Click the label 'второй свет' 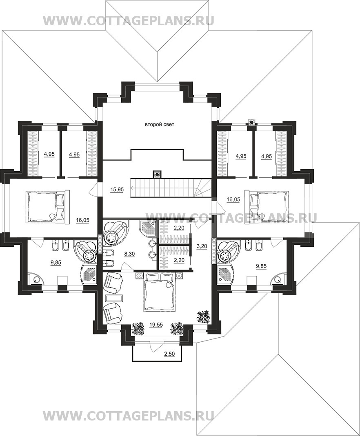tap(160, 124)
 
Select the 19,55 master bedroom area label tap(156, 324)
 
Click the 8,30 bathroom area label tap(129, 254)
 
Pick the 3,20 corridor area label tap(201, 246)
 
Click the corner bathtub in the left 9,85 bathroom tap(86, 251)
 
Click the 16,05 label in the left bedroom tap(82, 221)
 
